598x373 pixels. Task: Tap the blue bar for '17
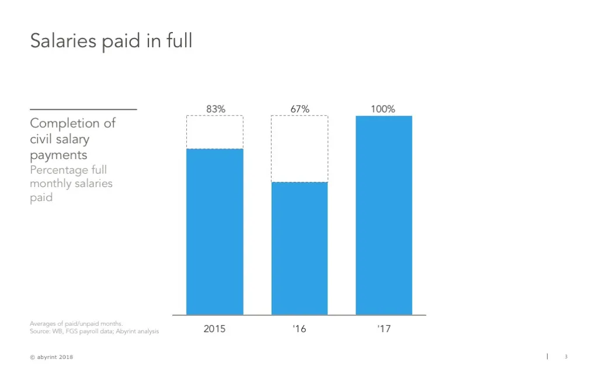(384, 215)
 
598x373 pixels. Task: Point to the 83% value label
(215, 109)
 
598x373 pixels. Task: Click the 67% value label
(300, 109)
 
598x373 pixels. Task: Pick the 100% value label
(383, 109)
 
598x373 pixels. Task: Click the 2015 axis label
(214, 329)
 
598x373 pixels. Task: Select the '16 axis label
(299, 329)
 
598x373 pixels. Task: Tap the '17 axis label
(384, 329)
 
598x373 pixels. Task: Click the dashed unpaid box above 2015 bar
(214, 132)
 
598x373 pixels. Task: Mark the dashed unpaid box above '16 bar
(299, 149)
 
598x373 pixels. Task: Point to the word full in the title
(179, 41)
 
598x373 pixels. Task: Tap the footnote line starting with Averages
(76, 323)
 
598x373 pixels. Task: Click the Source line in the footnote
(94, 332)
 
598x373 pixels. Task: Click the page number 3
(566, 357)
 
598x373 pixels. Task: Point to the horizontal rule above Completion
(83, 109)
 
